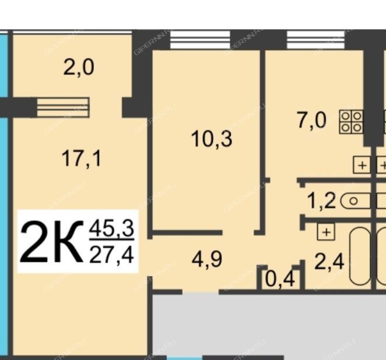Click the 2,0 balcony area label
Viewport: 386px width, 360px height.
click(79, 68)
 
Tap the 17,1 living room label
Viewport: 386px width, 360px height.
click(81, 159)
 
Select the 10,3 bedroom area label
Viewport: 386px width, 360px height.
click(212, 139)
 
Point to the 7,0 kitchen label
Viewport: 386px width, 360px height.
click(312, 120)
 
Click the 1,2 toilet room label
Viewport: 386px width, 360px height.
click(321, 201)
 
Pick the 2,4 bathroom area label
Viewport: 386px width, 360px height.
click(329, 262)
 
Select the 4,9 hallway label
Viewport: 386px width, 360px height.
click(207, 259)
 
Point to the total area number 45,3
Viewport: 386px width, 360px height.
click(111, 228)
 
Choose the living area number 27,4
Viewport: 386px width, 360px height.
click(111, 255)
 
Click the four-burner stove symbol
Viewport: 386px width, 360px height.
click(351, 122)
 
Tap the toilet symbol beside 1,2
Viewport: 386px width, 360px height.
click(355, 201)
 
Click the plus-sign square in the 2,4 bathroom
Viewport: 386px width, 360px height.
click(326, 232)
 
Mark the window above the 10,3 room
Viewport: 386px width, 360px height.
click(200, 40)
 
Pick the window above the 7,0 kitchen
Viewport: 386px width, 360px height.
click(315, 40)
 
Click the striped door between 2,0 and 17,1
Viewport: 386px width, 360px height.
click(63, 107)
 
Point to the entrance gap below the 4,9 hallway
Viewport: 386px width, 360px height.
click(201, 292)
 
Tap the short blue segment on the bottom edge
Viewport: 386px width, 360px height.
click(184, 358)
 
